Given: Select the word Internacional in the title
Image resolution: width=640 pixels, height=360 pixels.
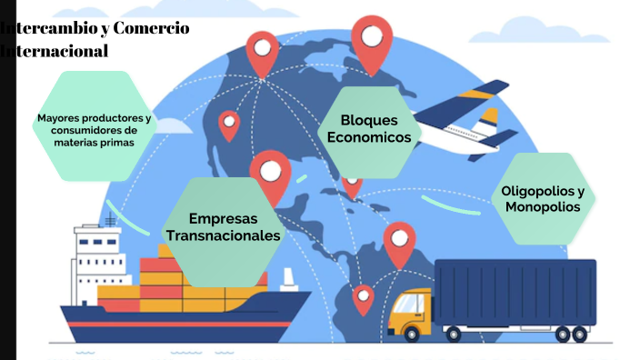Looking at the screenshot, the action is tap(55, 51).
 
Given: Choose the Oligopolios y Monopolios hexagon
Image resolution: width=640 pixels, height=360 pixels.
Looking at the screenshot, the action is tap(543, 199).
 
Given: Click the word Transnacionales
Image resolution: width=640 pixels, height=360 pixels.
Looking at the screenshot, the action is tap(223, 236).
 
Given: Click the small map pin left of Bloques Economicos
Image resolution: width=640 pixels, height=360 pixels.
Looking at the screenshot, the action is tap(229, 125).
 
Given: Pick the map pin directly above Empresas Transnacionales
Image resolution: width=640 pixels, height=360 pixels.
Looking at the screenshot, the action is tap(270, 173).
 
